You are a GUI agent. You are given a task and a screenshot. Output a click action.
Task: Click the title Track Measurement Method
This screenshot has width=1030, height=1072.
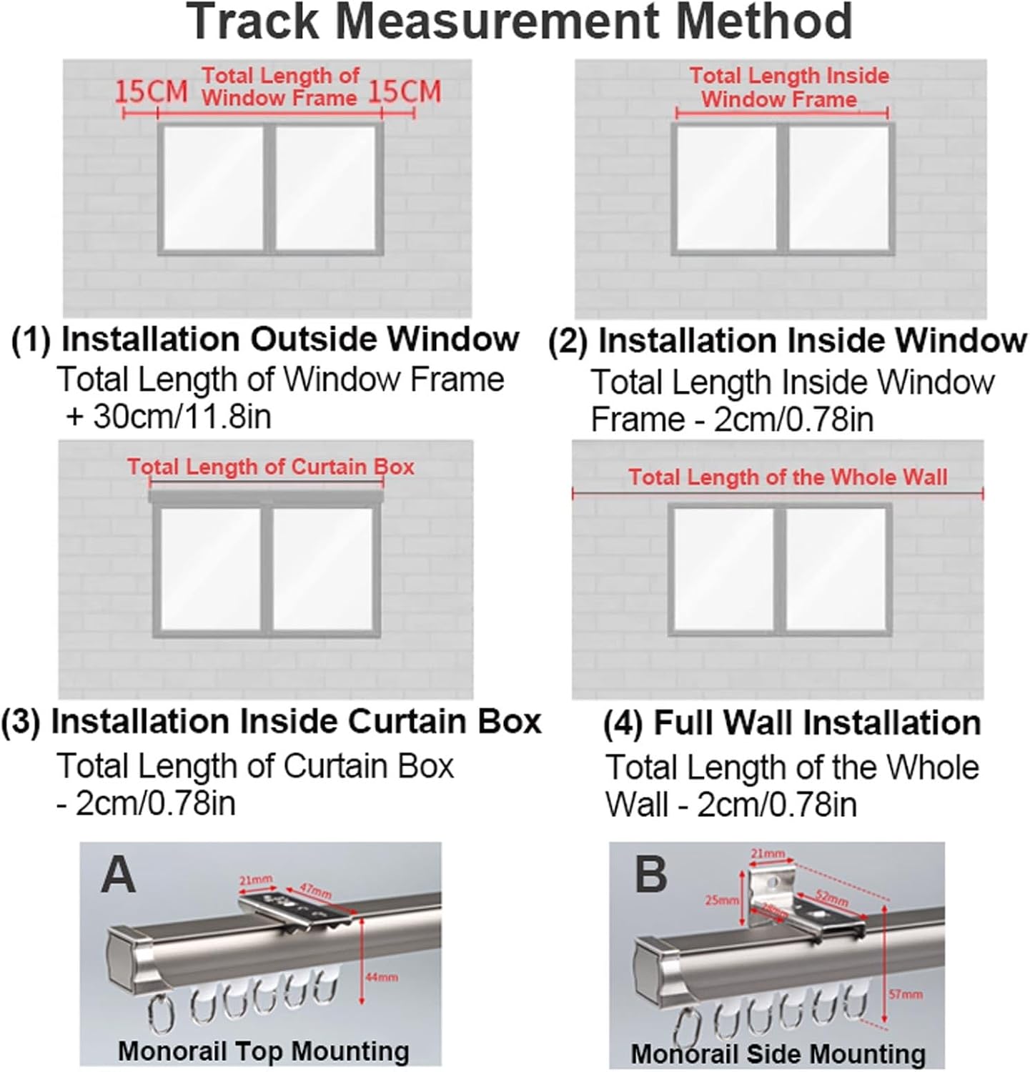pos(520,21)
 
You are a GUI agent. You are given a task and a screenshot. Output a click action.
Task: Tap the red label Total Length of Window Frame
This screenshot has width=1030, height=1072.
pos(279,86)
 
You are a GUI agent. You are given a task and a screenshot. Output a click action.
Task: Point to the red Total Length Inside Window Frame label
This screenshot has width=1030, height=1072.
pos(789,87)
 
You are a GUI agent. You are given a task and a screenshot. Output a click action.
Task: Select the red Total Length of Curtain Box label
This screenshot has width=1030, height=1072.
pos(271,467)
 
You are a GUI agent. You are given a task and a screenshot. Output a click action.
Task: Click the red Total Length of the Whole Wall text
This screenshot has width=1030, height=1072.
pos(788,477)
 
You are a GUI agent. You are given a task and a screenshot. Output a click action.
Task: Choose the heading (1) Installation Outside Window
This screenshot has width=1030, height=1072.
pos(266,339)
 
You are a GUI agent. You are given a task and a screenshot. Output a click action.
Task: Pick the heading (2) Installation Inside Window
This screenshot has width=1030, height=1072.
pos(787,341)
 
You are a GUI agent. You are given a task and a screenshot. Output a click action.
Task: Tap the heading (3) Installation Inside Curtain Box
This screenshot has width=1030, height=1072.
pos(272,722)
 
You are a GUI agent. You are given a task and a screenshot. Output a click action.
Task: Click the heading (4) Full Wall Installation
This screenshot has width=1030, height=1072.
pos(792,723)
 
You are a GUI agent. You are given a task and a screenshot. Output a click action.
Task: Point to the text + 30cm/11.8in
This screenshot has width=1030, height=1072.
pos(169,416)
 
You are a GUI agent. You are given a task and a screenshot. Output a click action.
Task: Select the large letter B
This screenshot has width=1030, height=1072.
pos(650,874)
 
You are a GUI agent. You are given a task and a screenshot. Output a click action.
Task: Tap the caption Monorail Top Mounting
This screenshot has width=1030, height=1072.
pos(263,1051)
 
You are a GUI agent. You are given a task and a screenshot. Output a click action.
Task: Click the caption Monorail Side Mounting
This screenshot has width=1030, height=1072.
pos(778,1054)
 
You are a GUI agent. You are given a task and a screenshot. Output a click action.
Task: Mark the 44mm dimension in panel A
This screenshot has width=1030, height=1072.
pos(382,977)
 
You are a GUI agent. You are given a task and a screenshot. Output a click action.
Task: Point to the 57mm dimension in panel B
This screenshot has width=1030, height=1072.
pos(906,994)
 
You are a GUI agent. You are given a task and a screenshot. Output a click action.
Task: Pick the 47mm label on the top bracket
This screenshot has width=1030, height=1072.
pos(315,891)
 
